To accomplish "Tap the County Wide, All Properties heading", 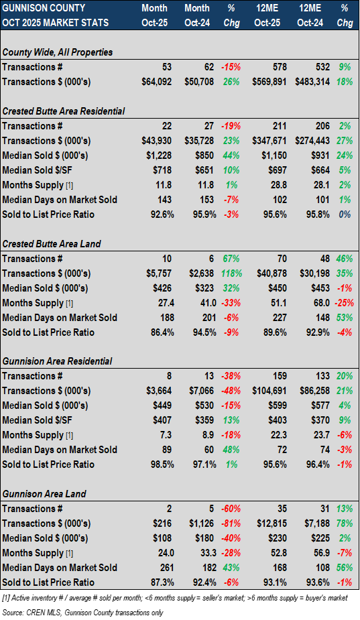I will pyautogui.click(x=58, y=52).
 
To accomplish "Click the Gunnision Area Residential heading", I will pyautogui.click(x=58, y=361).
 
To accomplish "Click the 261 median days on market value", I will pyautogui.click(x=164, y=568).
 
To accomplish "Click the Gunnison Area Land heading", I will pyautogui.click(x=44, y=494).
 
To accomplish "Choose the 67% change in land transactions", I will pyautogui.click(x=231, y=259).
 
